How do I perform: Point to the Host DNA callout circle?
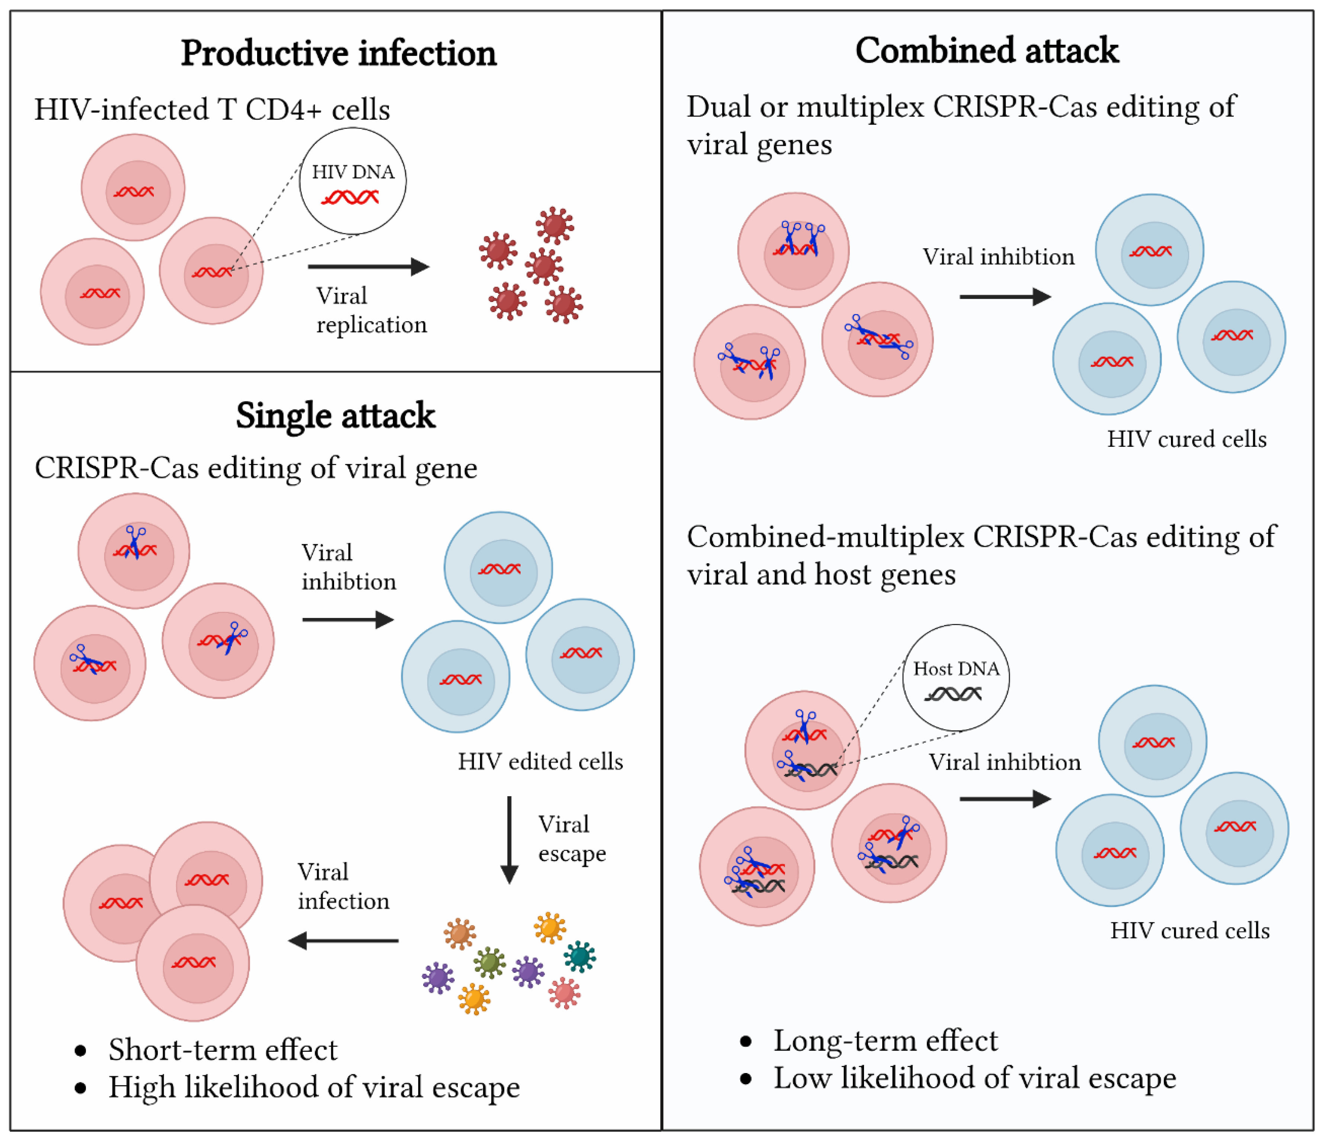(956, 678)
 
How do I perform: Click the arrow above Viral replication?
(368, 267)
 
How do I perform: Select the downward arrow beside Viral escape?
(509, 839)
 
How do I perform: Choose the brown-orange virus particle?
(460, 934)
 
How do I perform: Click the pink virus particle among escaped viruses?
(564, 993)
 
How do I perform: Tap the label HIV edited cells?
(540, 761)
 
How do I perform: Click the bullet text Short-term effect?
(222, 1050)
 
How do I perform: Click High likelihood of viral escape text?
(314, 1087)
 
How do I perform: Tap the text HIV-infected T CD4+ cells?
(212, 110)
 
